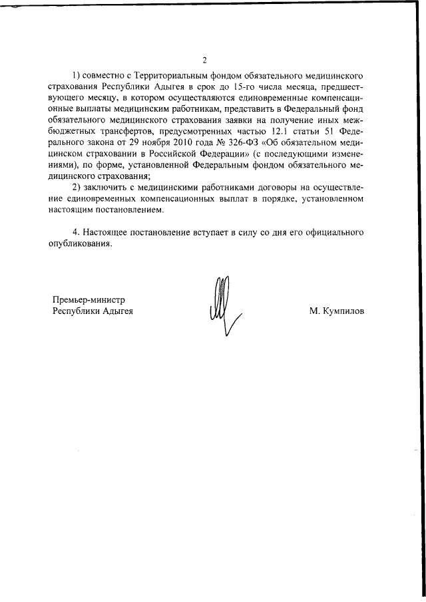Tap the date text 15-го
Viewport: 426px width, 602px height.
[x=312, y=86]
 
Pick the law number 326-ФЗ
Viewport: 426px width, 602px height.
[x=241, y=142]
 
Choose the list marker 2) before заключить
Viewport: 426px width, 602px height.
[x=77, y=187]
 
